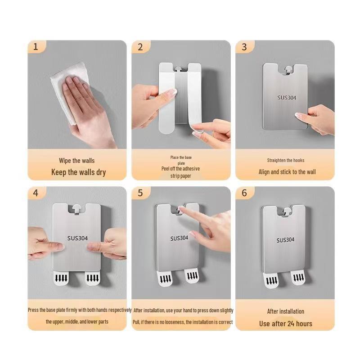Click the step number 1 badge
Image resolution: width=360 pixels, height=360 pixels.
(x=36, y=47)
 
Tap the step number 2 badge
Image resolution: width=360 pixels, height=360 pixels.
(x=140, y=47)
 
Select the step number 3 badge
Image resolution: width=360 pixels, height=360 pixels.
(x=244, y=47)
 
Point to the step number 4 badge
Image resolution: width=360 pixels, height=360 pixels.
(x=36, y=193)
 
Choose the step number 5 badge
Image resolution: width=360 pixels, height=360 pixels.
(x=140, y=193)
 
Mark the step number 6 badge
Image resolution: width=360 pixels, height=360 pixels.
(x=244, y=193)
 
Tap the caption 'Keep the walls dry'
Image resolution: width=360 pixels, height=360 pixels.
(x=78, y=172)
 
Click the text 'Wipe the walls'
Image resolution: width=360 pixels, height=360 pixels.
(x=76, y=161)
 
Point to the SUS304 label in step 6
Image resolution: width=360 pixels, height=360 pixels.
(x=285, y=240)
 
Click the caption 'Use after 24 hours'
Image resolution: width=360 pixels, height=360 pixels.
(x=285, y=323)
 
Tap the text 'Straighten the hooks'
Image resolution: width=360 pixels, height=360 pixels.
(x=285, y=160)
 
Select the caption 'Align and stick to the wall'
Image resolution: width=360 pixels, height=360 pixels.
(x=287, y=172)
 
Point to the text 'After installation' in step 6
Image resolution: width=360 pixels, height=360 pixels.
(x=285, y=311)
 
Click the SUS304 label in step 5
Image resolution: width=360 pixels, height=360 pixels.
(x=179, y=238)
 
